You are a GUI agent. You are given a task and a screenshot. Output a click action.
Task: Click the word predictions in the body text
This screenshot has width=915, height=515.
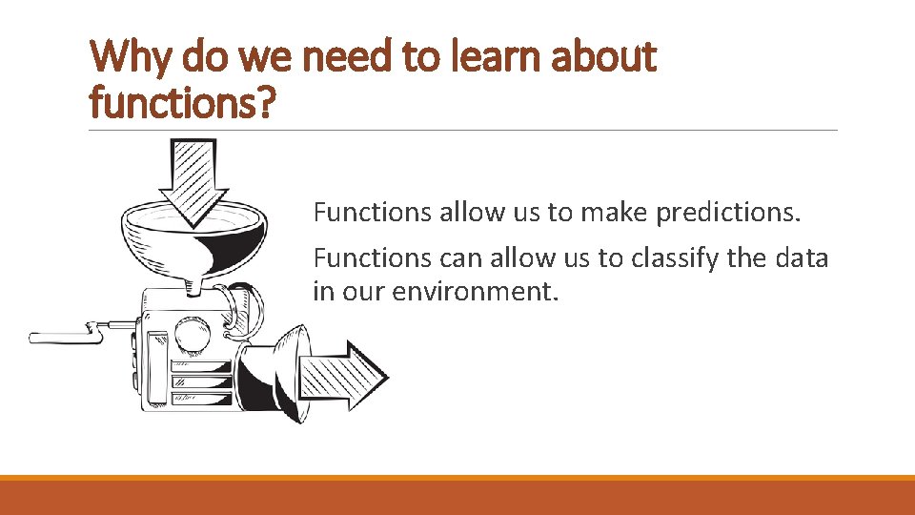(x=728, y=212)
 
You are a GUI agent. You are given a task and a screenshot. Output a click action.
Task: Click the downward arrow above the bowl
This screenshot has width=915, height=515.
(x=193, y=181)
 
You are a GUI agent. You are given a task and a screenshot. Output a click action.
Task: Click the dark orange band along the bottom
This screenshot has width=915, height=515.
(x=457, y=497)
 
